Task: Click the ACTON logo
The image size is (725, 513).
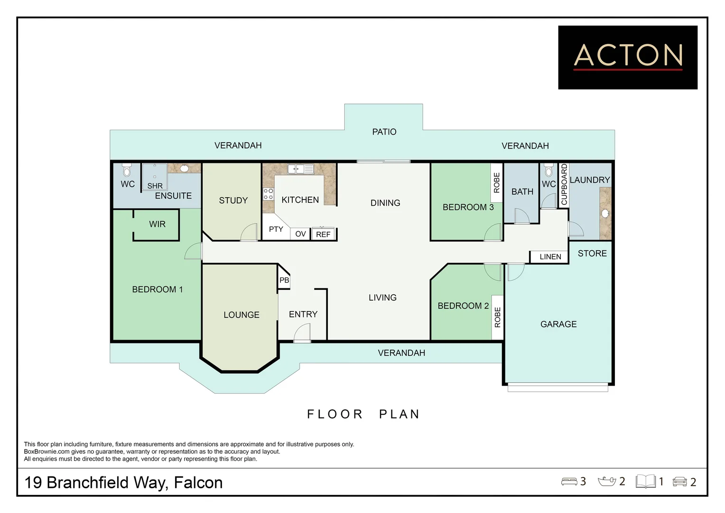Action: (x=627, y=57)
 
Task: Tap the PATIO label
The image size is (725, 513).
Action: (x=384, y=132)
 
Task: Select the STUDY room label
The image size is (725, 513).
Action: (x=233, y=200)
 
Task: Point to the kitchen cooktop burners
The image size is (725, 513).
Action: (x=269, y=194)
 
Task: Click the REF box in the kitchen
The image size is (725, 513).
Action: (x=323, y=234)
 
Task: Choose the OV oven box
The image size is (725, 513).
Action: (x=300, y=234)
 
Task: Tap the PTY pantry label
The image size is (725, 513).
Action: (x=276, y=229)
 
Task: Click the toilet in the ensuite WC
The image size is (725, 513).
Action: (x=127, y=170)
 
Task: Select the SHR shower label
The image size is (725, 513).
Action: (x=155, y=186)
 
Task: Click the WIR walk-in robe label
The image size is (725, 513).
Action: (x=157, y=224)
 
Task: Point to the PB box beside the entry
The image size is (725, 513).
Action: (x=284, y=280)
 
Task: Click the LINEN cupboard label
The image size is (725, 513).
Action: (x=550, y=257)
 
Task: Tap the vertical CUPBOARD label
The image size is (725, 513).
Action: (x=564, y=184)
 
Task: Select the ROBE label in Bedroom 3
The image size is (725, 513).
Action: (x=497, y=183)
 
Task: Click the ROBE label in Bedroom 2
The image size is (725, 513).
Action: (x=497, y=317)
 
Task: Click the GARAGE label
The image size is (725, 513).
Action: (x=558, y=324)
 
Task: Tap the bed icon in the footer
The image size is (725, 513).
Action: (x=569, y=482)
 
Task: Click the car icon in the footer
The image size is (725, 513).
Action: (x=679, y=482)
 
